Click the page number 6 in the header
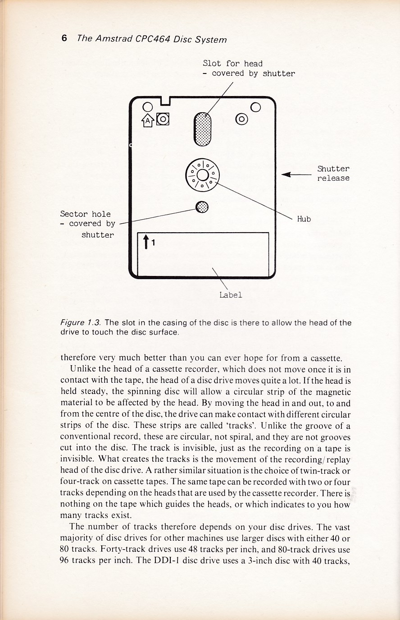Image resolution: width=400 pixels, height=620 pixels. (x=64, y=38)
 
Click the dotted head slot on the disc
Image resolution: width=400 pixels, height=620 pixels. (x=202, y=129)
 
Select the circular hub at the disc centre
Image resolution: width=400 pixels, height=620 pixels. (x=202, y=175)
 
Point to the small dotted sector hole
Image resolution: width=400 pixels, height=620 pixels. (x=202, y=207)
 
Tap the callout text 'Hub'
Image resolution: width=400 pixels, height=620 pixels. (x=304, y=219)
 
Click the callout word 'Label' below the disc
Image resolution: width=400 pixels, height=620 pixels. (x=231, y=295)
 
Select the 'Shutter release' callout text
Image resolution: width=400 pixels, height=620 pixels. (x=333, y=173)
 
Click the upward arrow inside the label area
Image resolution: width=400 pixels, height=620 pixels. (x=145, y=242)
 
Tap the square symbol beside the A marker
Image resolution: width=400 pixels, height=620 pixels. (x=162, y=119)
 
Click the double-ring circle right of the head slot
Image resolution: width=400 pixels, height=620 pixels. (x=242, y=119)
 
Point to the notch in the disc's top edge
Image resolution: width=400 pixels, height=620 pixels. (x=165, y=100)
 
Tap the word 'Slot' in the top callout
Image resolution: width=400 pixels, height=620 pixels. (x=212, y=64)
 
